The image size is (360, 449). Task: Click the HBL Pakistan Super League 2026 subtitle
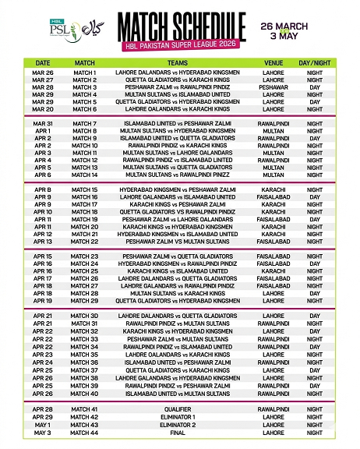click(x=181, y=41)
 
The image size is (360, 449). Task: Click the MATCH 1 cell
click(x=84, y=72)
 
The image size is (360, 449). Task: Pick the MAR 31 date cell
click(x=43, y=123)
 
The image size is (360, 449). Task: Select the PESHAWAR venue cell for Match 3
click(x=274, y=87)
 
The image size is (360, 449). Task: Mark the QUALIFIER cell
click(x=178, y=408)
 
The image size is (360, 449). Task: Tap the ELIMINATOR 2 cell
click(x=178, y=423)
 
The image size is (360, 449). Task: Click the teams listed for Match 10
click(x=178, y=146)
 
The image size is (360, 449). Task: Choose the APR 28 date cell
click(x=43, y=408)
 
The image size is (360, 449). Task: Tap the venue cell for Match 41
click(x=274, y=408)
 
